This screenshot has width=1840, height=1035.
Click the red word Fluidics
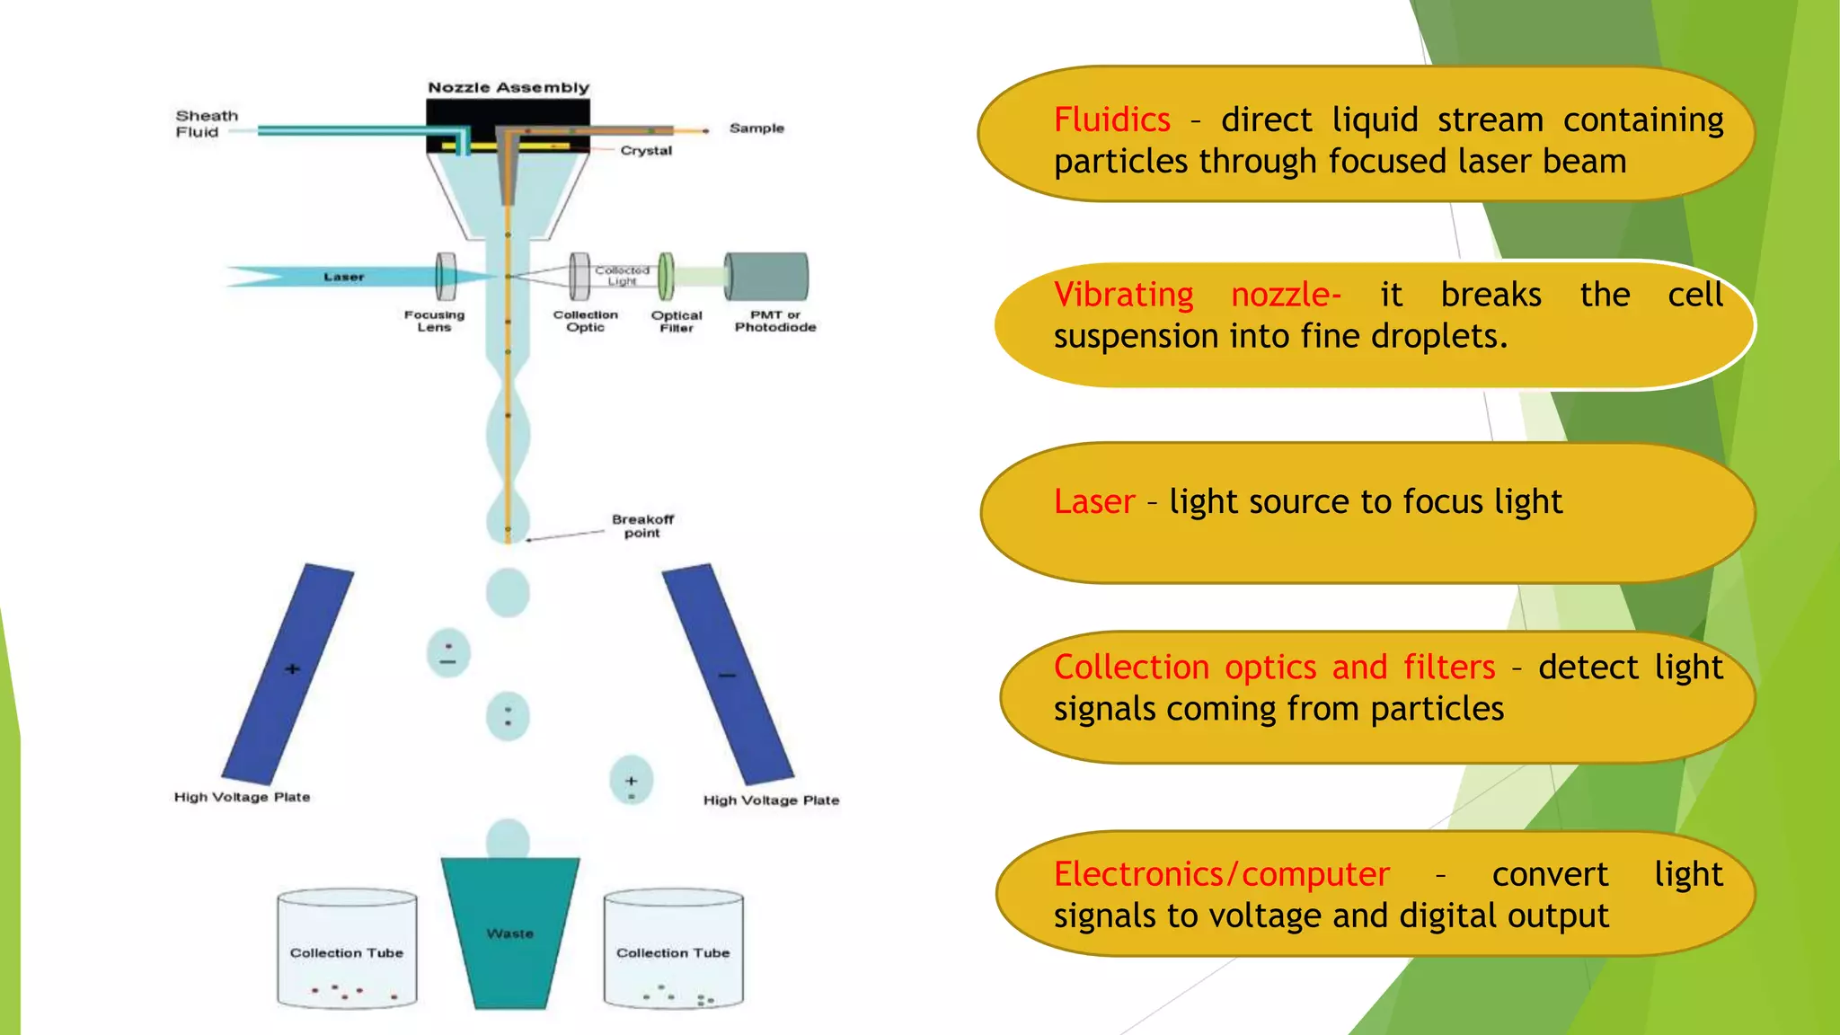click(x=1111, y=120)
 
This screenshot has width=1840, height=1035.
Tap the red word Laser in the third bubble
click(x=1093, y=502)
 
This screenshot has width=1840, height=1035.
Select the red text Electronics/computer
click(x=1221, y=874)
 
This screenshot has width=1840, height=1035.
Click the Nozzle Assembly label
click(x=509, y=88)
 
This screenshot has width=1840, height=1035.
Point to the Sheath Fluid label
click(x=207, y=124)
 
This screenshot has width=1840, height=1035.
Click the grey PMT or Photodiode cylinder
click(x=766, y=277)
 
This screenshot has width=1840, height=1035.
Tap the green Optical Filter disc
click(x=666, y=277)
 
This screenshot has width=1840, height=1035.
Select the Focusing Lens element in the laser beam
click(x=446, y=277)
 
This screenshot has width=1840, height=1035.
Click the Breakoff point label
click(x=642, y=526)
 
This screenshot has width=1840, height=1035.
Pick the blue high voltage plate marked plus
click(x=288, y=674)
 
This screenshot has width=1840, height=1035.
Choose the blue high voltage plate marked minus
click(x=727, y=674)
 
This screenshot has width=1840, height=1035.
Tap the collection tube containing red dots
click(x=347, y=950)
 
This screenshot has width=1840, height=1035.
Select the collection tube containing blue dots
click(x=673, y=950)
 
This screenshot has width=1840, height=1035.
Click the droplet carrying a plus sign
click(x=631, y=780)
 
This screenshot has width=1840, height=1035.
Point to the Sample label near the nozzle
click(x=756, y=128)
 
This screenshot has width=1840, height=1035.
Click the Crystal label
click(x=646, y=151)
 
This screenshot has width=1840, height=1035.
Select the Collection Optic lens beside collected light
click(x=580, y=277)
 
